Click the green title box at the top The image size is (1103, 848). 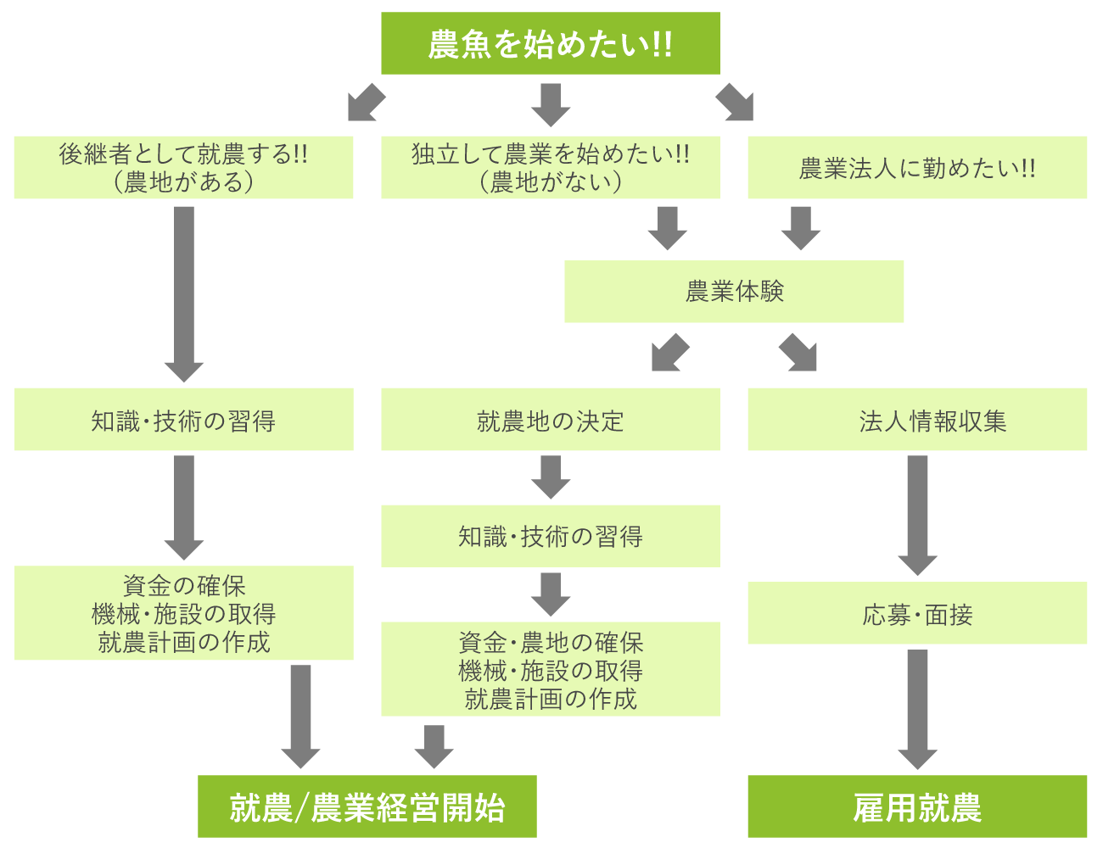[550, 43]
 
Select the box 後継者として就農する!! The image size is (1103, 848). [183, 167]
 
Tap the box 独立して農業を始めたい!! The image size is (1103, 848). [550, 167]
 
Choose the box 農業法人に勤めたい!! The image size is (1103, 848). [917, 167]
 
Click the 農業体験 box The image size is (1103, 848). [734, 291]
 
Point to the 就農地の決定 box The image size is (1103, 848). [550, 420]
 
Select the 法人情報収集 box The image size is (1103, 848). [917, 420]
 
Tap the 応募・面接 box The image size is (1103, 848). [917, 613]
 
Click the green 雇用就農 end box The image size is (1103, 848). [917, 806]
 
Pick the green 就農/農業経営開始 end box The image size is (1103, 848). [367, 806]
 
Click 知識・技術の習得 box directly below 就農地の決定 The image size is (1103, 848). [550, 536]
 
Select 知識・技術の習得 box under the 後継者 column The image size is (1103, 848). [183, 420]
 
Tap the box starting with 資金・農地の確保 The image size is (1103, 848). [550, 669]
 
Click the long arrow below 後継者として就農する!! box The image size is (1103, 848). [183, 293]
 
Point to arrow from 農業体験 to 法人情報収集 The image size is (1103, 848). [798, 353]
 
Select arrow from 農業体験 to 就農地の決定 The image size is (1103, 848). [670, 353]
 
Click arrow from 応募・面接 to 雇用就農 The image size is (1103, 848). [917, 709]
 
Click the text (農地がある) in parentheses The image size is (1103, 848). [183, 181]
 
